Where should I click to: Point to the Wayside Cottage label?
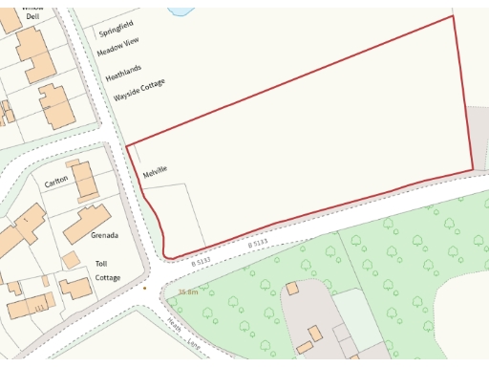[139, 91]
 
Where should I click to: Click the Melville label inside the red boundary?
[155, 173]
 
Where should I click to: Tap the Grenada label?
[104, 235]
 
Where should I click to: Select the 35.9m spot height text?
[187, 291]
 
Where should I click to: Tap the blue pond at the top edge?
[181, 7]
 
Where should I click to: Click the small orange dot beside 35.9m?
[145, 286]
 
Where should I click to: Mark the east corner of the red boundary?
[473, 171]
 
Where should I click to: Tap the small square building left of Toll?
[71, 259]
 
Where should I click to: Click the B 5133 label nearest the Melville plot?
[200, 261]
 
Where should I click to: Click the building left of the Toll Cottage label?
[74, 286]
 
